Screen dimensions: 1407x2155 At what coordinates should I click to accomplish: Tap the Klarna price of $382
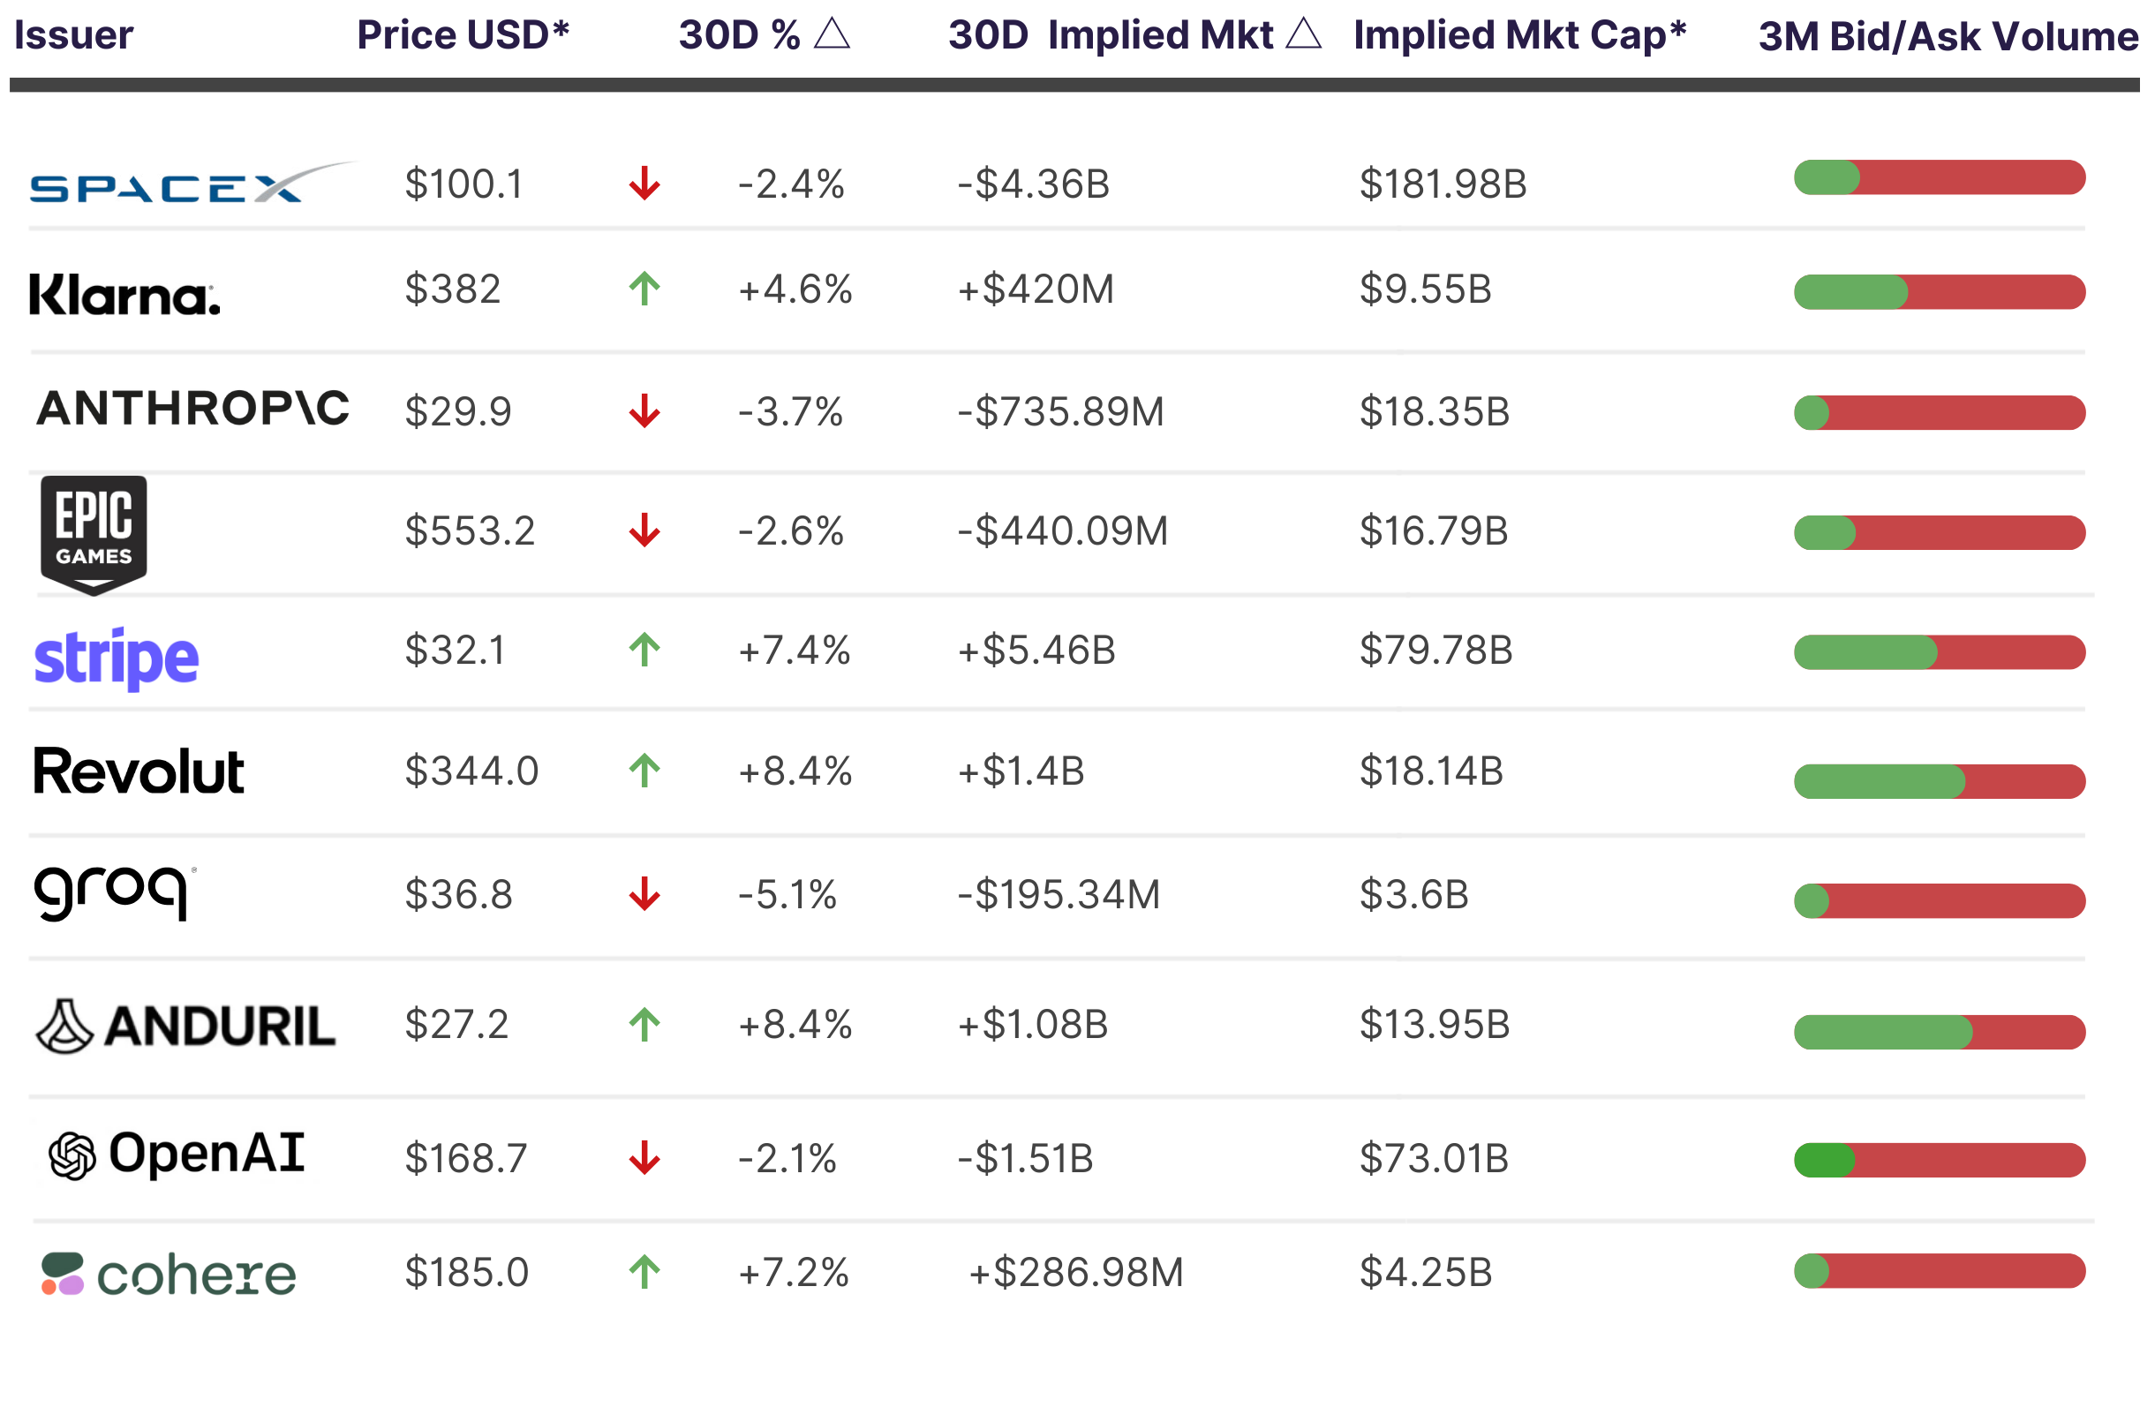pyautogui.click(x=452, y=290)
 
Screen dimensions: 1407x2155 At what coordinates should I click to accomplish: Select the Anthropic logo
pyautogui.click(x=192, y=409)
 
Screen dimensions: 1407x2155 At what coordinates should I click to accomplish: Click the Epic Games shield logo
pyautogui.click(x=94, y=534)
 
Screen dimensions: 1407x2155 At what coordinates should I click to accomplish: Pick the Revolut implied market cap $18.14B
pyautogui.click(x=1430, y=772)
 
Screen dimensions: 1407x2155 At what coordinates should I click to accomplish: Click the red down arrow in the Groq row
pyautogui.click(x=644, y=894)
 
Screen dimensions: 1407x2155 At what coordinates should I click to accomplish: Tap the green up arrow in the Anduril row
pyautogui.click(x=644, y=1025)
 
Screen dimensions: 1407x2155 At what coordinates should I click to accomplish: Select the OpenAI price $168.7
pyautogui.click(x=465, y=1159)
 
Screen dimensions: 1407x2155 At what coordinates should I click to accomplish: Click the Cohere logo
pyautogui.click(x=170, y=1275)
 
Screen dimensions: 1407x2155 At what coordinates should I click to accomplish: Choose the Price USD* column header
pyautogui.click(x=463, y=35)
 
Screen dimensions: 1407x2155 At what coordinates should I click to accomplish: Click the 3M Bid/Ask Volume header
pyautogui.click(x=1948, y=37)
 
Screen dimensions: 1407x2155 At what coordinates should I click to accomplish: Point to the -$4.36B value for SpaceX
pyautogui.click(x=1033, y=184)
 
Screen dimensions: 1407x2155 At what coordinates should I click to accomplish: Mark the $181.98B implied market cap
pyautogui.click(x=1443, y=184)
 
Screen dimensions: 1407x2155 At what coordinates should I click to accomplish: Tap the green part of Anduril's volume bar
pyautogui.click(x=1881, y=1032)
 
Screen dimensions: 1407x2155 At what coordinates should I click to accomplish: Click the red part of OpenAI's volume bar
pyautogui.click(x=1970, y=1161)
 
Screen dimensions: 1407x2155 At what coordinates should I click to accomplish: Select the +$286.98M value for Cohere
pyautogui.click(x=1075, y=1273)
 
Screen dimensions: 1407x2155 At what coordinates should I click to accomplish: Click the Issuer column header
pyautogui.click(x=73, y=35)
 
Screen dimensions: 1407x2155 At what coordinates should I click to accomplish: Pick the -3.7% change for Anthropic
pyautogui.click(x=790, y=412)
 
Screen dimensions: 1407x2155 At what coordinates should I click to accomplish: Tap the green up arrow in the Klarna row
pyautogui.click(x=644, y=290)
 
